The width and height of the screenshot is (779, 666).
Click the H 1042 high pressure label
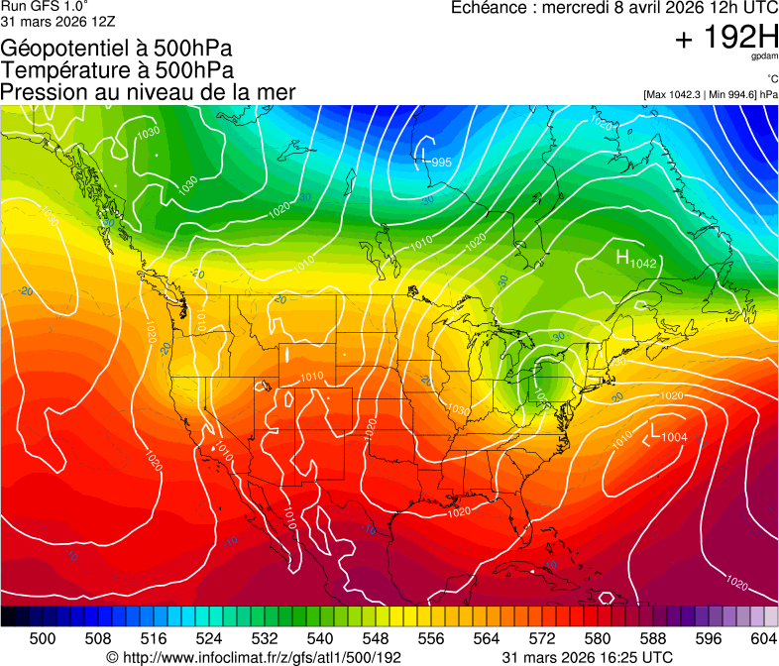(636, 260)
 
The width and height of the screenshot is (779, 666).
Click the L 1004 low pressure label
(668, 433)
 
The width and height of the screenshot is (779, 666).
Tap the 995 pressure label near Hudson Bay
(441, 163)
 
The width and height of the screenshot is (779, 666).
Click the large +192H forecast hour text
(725, 39)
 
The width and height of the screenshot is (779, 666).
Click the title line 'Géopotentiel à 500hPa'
(118, 49)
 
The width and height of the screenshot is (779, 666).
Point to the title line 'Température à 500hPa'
(117, 70)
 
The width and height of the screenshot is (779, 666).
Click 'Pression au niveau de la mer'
(148, 92)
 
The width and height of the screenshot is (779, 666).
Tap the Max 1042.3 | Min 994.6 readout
(710, 95)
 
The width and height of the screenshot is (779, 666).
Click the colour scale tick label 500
(43, 639)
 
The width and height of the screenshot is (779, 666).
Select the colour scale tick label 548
(376, 639)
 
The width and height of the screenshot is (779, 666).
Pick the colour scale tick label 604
(764, 639)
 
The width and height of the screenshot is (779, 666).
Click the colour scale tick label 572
(542, 639)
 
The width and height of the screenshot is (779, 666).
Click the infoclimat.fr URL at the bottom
(254, 657)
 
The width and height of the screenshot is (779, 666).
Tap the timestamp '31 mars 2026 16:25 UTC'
(588, 657)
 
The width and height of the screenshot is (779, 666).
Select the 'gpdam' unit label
(765, 58)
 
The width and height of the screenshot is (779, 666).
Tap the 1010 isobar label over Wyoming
(312, 377)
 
